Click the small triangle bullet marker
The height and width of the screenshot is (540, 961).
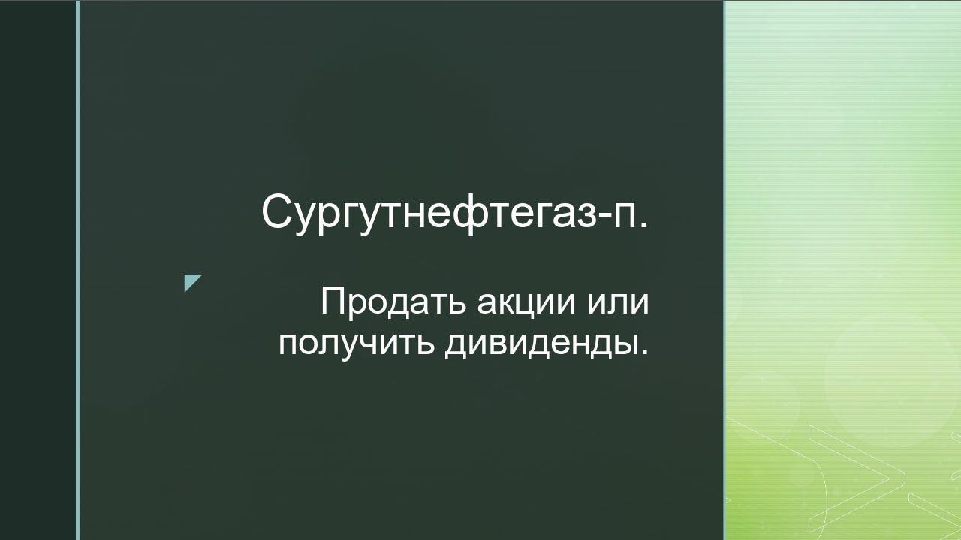click(x=192, y=283)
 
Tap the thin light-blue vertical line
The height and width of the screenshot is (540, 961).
click(x=78, y=270)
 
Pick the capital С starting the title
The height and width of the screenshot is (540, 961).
click(x=276, y=212)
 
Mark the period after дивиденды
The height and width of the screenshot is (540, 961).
click(x=643, y=352)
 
